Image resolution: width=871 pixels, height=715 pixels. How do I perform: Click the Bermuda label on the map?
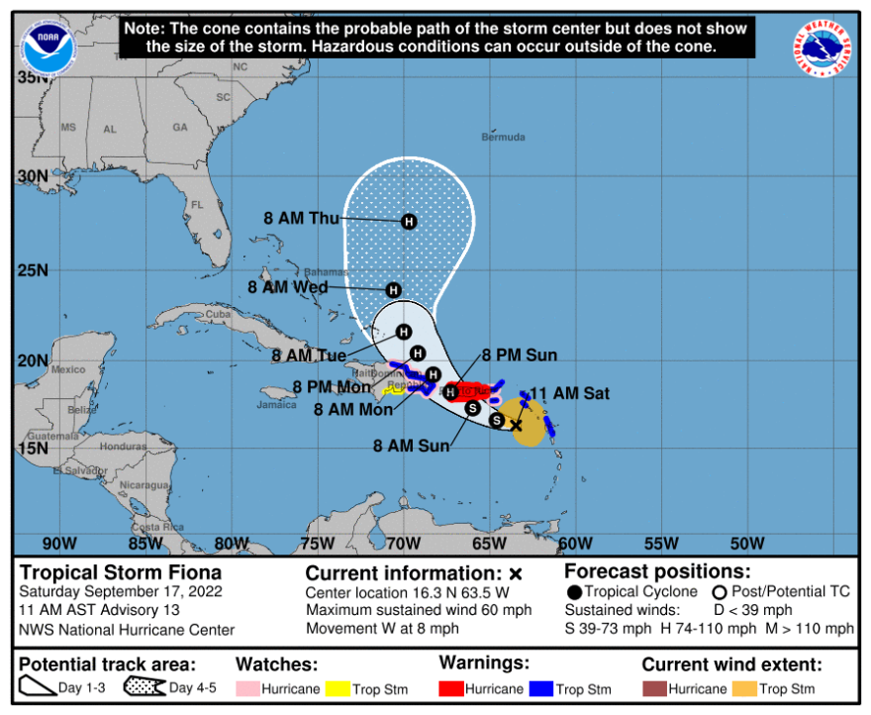click(503, 137)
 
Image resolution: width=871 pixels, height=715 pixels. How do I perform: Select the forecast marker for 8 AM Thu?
click(409, 222)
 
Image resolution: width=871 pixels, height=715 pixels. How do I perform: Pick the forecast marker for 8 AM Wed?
click(393, 290)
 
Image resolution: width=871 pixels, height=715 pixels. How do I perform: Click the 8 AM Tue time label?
click(309, 356)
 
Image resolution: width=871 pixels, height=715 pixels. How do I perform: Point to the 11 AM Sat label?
click(570, 393)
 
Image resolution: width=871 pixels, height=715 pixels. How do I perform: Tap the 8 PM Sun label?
click(521, 356)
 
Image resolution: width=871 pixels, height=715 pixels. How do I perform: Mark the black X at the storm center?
click(516, 424)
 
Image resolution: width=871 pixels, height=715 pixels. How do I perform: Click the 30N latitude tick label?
click(34, 176)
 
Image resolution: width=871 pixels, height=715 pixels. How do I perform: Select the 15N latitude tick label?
click(34, 448)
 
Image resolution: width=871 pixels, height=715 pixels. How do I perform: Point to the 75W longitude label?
click(317, 543)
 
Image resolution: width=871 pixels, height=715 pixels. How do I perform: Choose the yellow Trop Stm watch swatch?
click(337, 688)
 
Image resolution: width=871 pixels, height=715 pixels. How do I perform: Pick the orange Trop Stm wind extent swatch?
click(743, 688)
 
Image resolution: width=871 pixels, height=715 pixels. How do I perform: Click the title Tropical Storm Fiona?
click(121, 572)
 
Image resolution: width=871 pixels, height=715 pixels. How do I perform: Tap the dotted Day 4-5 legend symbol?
click(144, 688)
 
